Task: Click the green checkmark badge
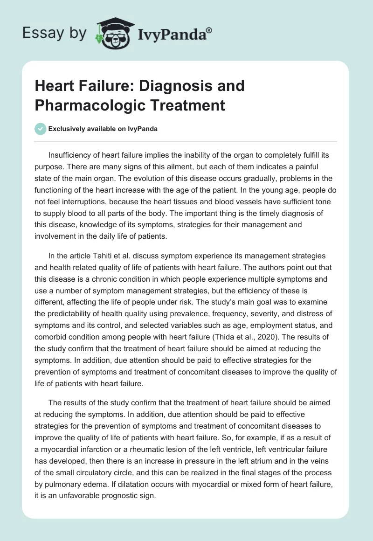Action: coord(41,129)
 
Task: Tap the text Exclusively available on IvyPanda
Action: coord(104,129)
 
